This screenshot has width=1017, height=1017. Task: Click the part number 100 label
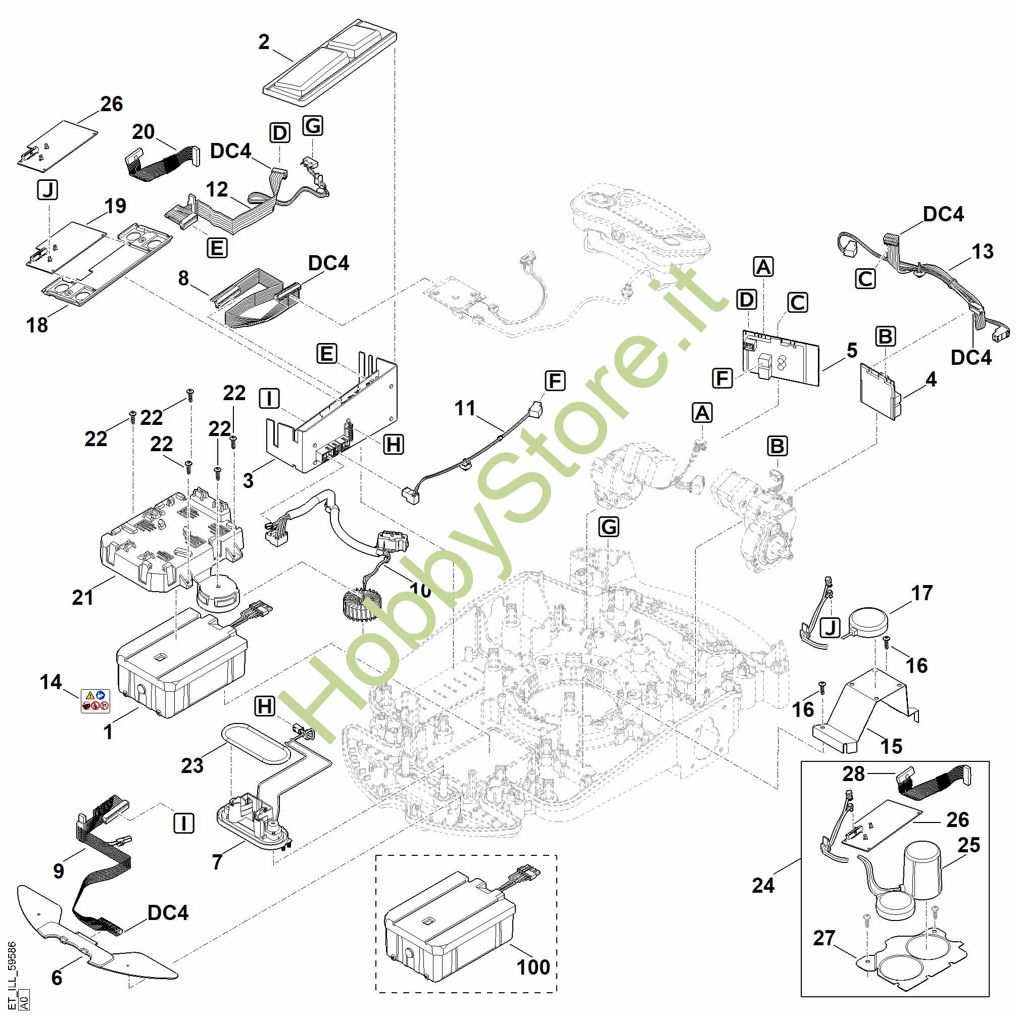click(533, 967)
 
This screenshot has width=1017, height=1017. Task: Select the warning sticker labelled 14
click(95, 701)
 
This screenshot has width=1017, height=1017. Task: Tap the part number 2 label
click(264, 42)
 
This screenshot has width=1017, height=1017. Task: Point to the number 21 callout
click(83, 598)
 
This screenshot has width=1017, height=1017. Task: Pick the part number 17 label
click(922, 593)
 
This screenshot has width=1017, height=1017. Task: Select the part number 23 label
click(192, 765)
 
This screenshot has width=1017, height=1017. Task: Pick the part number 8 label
click(183, 278)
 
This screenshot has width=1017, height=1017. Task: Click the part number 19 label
click(115, 206)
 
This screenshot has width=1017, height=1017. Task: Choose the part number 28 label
click(853, 774)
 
